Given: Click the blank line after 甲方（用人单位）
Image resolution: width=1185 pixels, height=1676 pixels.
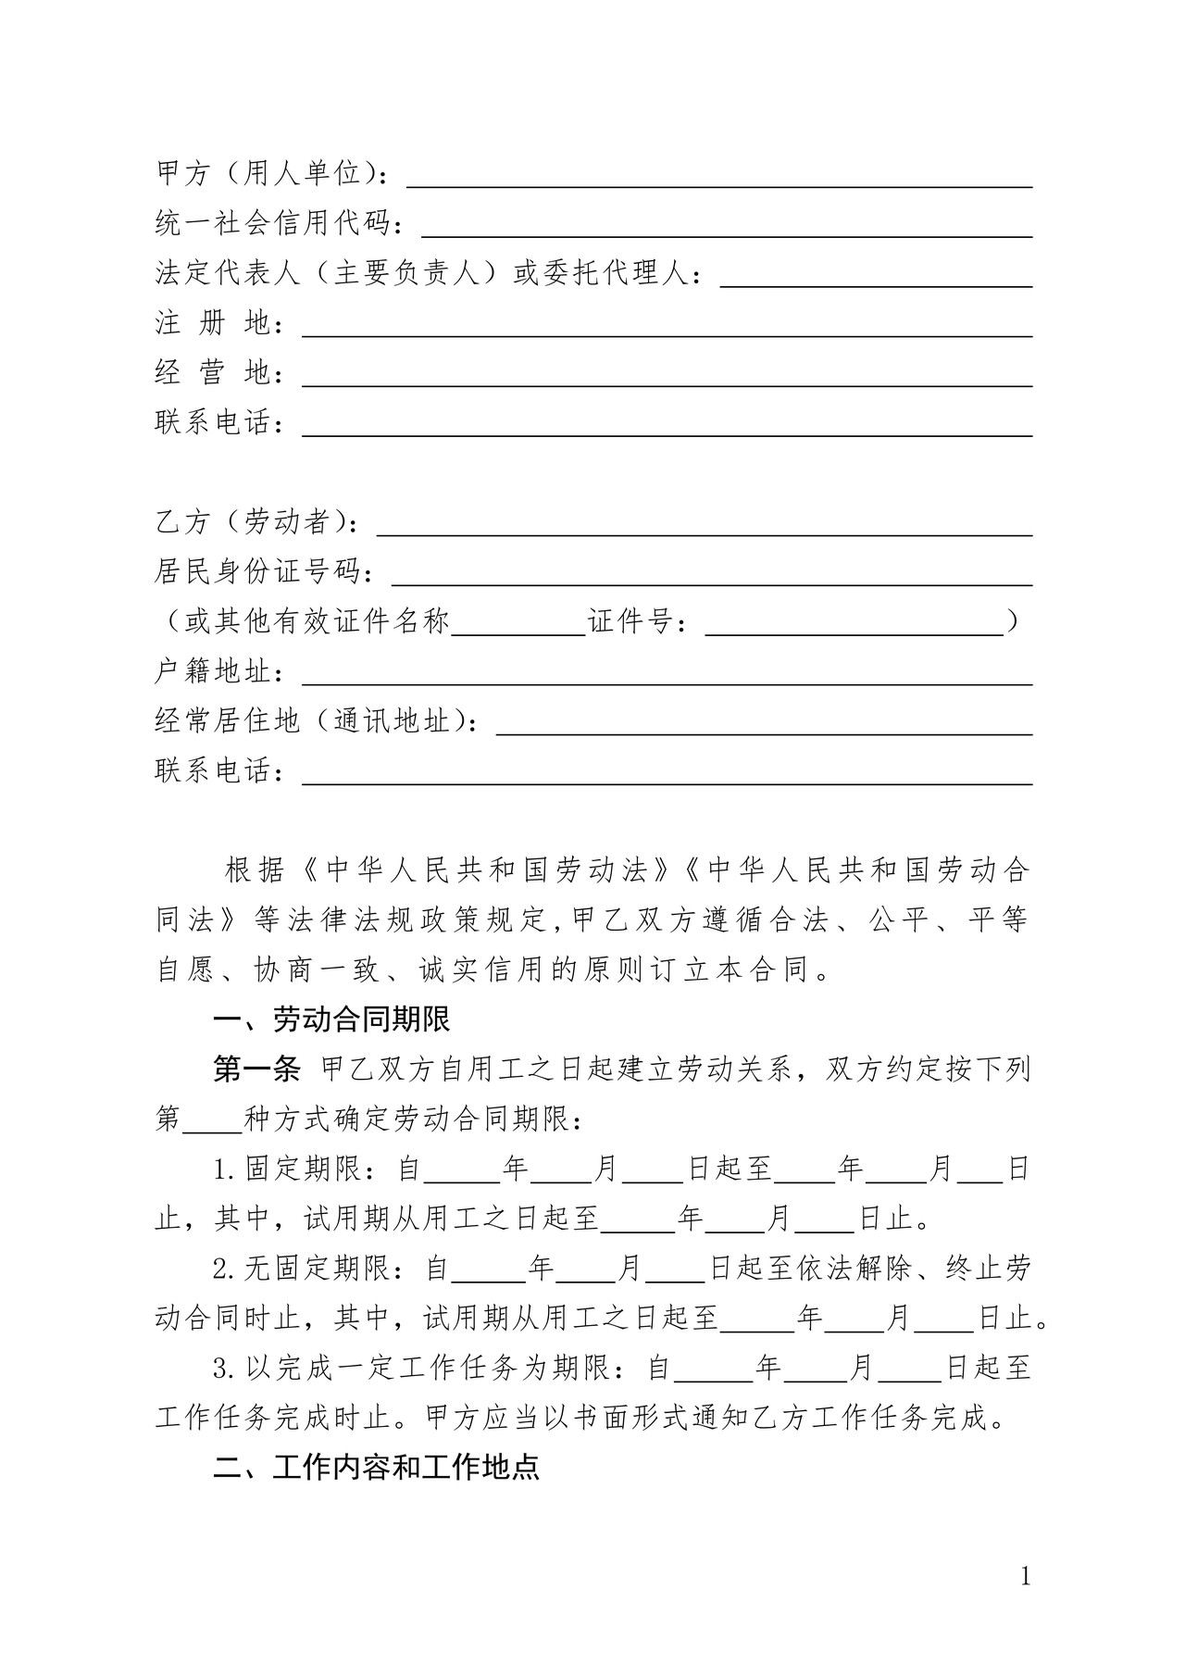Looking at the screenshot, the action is tap(720, 178).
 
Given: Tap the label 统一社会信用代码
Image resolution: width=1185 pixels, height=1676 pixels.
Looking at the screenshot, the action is tap(279, 224).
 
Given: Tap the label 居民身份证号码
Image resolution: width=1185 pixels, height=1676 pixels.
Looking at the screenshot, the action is tap(265, 572).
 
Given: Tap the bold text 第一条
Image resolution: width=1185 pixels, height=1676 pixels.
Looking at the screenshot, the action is tap(256, 1070).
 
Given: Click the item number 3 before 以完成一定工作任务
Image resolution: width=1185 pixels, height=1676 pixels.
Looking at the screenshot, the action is tap(220, 1368).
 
